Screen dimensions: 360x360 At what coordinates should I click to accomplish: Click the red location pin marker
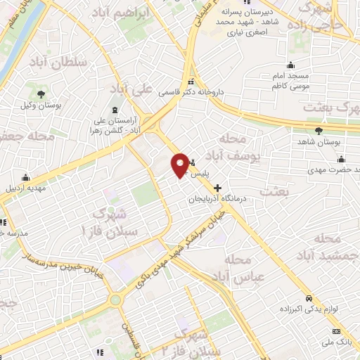tap(181, 164)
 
